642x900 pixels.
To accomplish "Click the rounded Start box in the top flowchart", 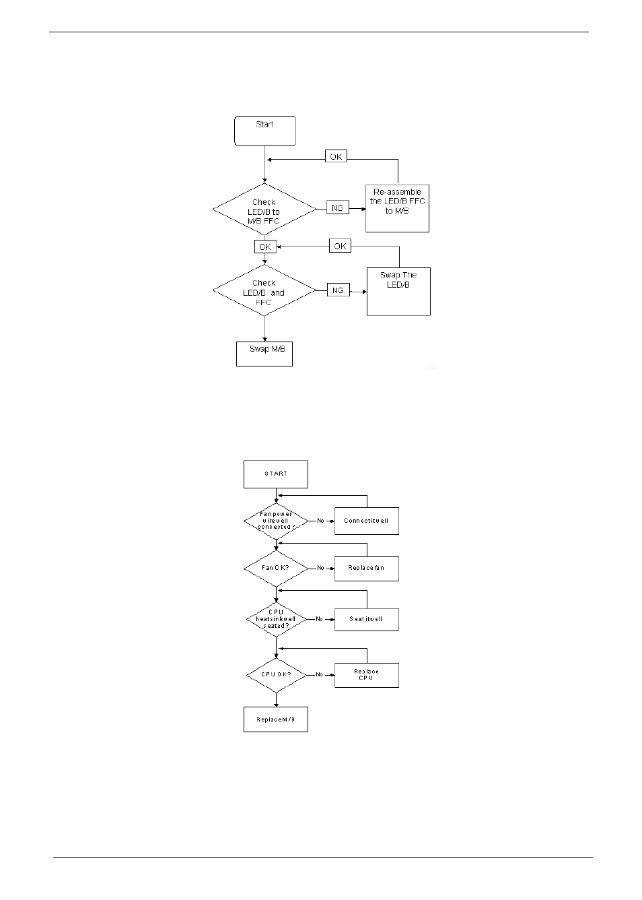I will click(x=265, y=131).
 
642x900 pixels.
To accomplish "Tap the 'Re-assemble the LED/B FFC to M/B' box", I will click(x=397, y=208).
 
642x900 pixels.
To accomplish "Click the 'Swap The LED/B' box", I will click(x=398, y=291).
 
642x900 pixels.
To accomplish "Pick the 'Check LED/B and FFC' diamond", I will click(x=264, y=292).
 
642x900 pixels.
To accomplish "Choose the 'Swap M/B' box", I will click(x=264, y=354).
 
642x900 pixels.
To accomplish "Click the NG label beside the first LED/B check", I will click(x=337, y=208).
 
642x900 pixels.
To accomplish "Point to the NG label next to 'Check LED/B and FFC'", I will click(x=338, y=290).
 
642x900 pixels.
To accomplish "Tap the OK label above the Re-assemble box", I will click(x=336, y=156).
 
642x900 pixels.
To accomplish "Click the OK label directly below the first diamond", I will click(x=265, y=247).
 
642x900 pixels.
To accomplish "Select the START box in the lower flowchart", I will click(x=276, y=474).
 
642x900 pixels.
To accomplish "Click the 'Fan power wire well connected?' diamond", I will click(x=276, y=521).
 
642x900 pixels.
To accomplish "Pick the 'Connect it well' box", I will click(x=366, y=521).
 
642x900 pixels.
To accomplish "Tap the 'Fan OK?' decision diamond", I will click(x=276, y=568).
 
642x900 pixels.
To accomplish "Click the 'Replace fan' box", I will click(x=366, y=568).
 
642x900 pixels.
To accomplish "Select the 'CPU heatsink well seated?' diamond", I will click(x=276, y=619).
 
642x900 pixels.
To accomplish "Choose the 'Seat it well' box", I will click(x=366, y=619).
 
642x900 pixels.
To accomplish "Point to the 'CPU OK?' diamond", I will click(x=276, y=674).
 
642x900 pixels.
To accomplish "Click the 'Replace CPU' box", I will click(x=366, y=674).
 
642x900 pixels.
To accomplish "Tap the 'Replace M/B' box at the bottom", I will click(x=276, y=719).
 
